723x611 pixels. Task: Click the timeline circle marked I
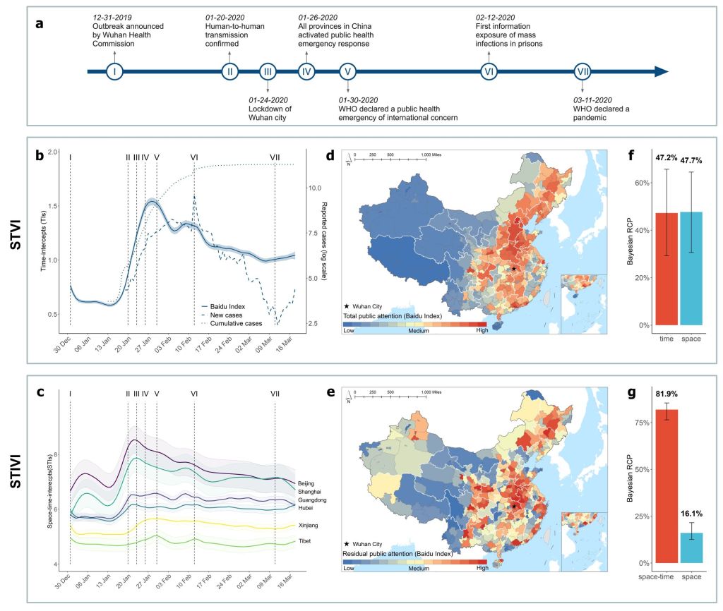[114, 71]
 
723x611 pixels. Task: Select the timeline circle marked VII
[582, 71]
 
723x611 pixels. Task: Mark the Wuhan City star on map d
[514, 268]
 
